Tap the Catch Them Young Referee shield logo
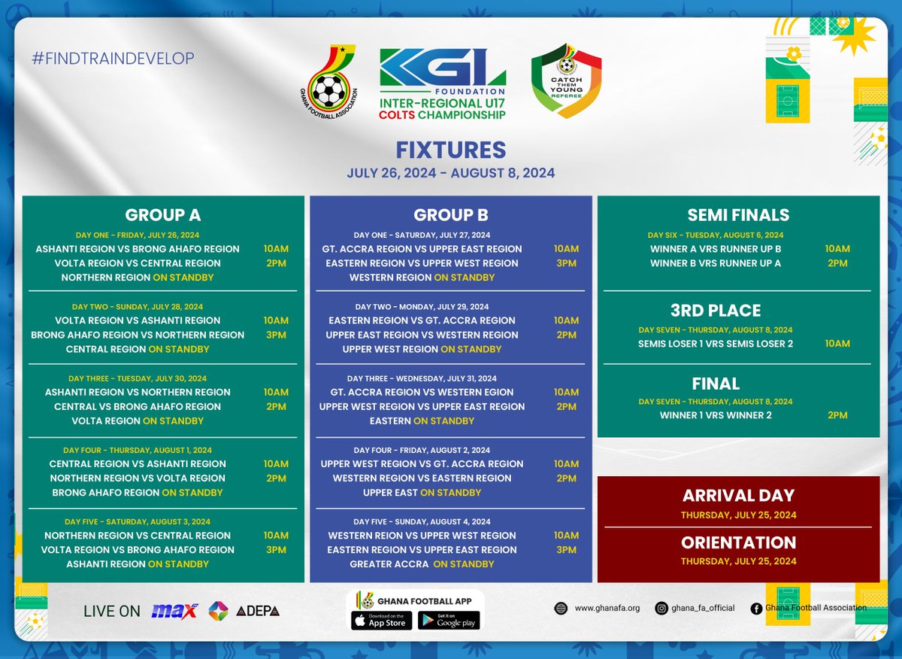coord(566,80)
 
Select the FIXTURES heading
coord(451,149)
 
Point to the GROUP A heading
coord(163,215)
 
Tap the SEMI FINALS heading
coord(738,215)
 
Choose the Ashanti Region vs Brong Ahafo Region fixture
coord(138,249)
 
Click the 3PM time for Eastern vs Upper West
coord(566,263)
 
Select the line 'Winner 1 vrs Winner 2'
coord(716,415)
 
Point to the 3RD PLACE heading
coord(716,311)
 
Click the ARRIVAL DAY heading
coord(738,496)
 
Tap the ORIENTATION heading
coord(738,542)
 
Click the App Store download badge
coord(381,621)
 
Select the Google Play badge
coord(449,621)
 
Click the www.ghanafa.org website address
coord(607,608)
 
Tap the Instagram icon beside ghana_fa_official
coord(661,608)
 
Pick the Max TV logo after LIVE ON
coord(174,611)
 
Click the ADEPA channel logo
coord(258,611)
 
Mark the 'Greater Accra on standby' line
coord(422,564)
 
